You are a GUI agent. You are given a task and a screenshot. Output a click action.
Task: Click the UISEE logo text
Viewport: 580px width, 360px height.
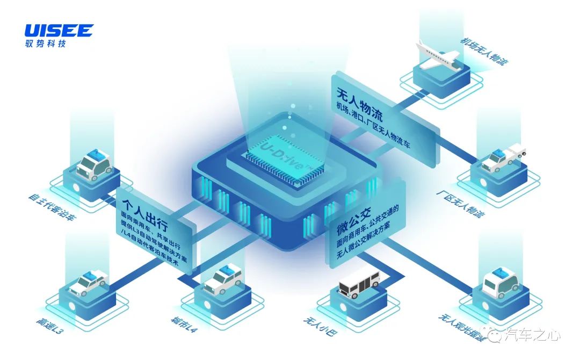coord(59,30)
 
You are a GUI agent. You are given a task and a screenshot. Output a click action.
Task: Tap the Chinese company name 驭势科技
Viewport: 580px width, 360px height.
coord(46,44)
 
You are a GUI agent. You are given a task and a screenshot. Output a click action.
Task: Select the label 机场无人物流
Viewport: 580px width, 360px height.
coord(484,51)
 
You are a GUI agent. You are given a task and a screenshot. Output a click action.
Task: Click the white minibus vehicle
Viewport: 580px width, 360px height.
coord(359,283)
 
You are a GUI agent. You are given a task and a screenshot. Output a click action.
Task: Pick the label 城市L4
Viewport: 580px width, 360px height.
coord(184,325)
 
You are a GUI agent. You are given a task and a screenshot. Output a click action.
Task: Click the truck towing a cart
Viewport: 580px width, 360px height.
coord(503,158)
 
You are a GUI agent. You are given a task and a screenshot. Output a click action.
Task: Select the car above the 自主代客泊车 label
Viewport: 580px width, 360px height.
coord(95,164)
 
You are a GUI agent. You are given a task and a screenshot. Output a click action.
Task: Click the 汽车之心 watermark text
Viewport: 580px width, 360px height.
coord(534,336)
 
